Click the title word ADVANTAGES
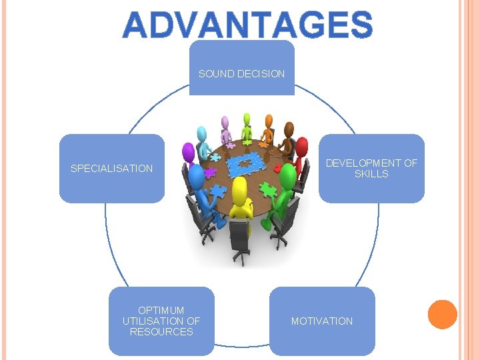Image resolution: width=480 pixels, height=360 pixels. pyautogui.click(x=248, y=25)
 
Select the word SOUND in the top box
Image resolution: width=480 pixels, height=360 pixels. pyautogui.click(x=214, y=74)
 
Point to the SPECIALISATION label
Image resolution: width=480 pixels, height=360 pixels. pyautogui.click(x=111, y=169)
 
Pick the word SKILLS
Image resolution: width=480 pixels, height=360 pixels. pyautogui.click(x=371, y=174)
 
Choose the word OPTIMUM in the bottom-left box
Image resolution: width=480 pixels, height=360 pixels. pyautogui.click(x=161, y=310)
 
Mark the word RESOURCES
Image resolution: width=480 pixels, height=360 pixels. pyautogui.click(x=161, y=331)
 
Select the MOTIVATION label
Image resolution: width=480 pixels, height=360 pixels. pyautogui.click(x=321, y=321)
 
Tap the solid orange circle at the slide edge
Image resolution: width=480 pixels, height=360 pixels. pyautogui.click(x=442, y=315)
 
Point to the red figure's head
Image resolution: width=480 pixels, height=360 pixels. pyautogui.click(x=301, y=146)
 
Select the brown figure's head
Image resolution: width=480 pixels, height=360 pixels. pyautogui.click(x=290, y=127)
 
